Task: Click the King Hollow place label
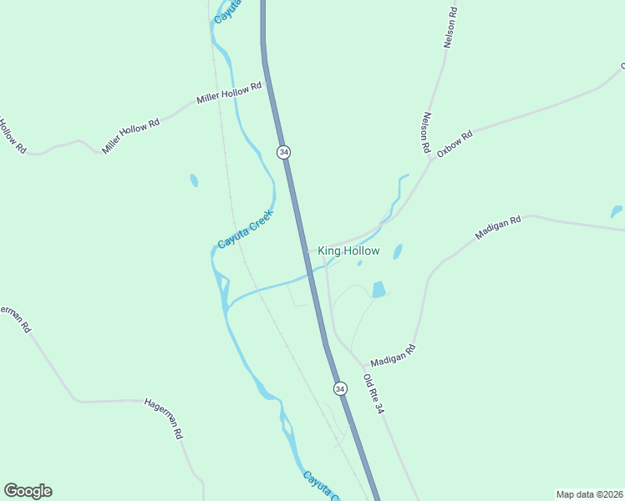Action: [348, 250]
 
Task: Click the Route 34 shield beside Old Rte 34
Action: [339, 388]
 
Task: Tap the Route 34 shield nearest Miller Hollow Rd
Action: [284, 152]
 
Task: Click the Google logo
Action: [28, 491]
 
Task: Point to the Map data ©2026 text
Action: [589, 494]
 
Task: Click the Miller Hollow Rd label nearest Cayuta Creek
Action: [229, 93]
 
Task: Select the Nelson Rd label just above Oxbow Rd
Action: [427, 133]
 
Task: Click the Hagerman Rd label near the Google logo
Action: [164, 418]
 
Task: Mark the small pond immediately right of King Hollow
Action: [398, 251]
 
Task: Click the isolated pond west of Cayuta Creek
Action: [194, 180]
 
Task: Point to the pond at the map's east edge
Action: [616, 211]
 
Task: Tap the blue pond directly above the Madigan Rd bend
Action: [379, 290]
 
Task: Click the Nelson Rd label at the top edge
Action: [451, 28]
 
